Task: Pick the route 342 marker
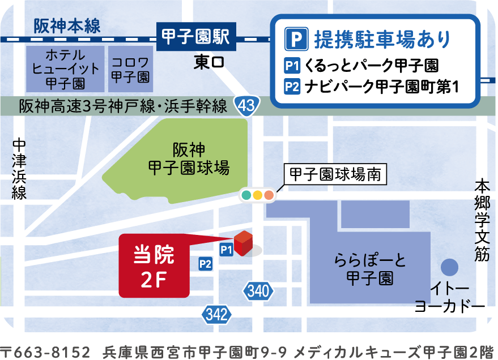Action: tap(217, 315)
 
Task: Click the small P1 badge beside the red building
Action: tap(227, 250)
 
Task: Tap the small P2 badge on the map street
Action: tap(205, 263)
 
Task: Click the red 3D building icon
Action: tap(242, 243)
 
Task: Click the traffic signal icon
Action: tap(257, 195)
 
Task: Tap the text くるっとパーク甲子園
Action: tap(371, 66)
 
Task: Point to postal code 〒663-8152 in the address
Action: tap(45, 352)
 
